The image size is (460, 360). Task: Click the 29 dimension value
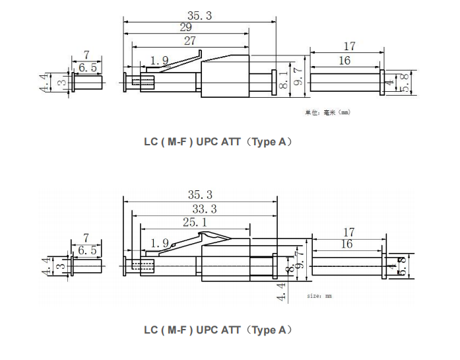tap(185, 27)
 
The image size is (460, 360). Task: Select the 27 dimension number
tap(190, 41)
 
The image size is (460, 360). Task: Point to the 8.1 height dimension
tap(283, 81)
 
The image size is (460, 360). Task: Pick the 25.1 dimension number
tap(194, 223)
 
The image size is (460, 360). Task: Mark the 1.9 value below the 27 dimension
tap(159, 61)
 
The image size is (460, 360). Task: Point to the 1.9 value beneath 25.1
tap(159, 242)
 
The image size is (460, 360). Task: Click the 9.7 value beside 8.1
tap(298, 79)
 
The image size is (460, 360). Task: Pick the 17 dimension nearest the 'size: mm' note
tap(349, 232)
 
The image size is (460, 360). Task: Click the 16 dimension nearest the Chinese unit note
tap(345, 60)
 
